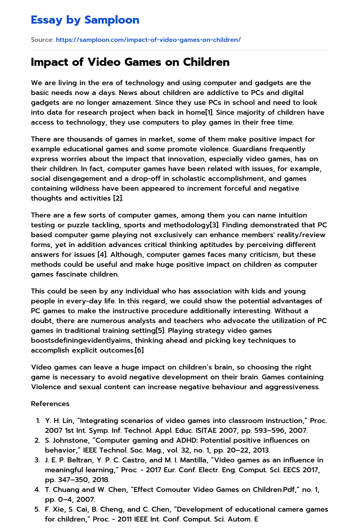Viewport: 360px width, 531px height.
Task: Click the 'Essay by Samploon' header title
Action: coord(85,20)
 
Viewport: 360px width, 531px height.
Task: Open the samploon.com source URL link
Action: coord(148,40)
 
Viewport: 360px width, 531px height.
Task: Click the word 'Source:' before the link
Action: coord(42,40)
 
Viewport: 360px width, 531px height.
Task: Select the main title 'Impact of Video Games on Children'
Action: coord(130,62)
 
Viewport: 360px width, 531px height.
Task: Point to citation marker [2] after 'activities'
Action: coord(117,198)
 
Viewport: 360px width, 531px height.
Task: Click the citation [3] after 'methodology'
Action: coord(214,225)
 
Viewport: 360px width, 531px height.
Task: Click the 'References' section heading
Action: coord(50,404)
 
